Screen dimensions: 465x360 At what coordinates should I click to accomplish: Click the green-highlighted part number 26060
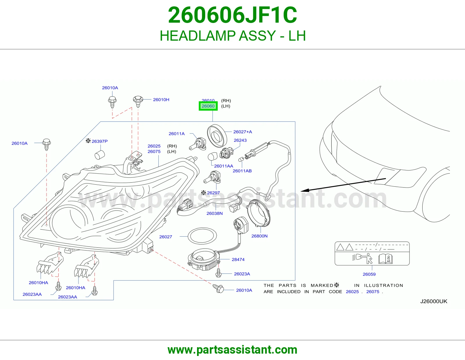(x=208, y=106)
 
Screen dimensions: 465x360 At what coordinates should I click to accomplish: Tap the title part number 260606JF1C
(x=233, y=15)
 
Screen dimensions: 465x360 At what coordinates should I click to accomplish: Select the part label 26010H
(x=161, y=100)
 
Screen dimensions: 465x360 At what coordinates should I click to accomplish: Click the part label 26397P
(x=99, y=141)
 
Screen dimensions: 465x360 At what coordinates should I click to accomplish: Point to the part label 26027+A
(x=243, y=132)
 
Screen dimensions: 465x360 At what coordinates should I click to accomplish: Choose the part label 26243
(x=240, y=140)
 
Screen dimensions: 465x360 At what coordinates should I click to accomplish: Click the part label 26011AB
(x=242, y=171)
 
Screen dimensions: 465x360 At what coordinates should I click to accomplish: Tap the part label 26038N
(x=214, y=213)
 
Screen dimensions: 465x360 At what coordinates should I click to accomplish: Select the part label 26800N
(x=259, y=236)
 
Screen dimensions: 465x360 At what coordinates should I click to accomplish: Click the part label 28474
(x=238, y=260)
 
